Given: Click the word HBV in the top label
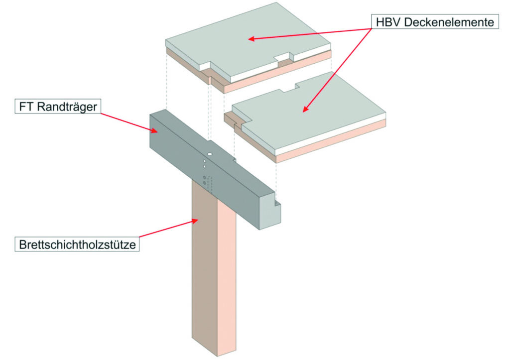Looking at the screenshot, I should click(x=385, y=22).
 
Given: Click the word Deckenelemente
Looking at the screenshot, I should click(x=445, y=22).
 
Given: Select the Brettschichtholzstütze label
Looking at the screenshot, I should click(x=77, y=244).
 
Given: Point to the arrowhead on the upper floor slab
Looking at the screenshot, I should click(x=252, y=38).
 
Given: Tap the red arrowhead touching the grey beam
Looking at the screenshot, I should click(x=155, y=130).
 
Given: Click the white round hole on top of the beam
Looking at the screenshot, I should click(x=211, y=155).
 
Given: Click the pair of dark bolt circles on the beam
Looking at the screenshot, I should click(x=204, y=180).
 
